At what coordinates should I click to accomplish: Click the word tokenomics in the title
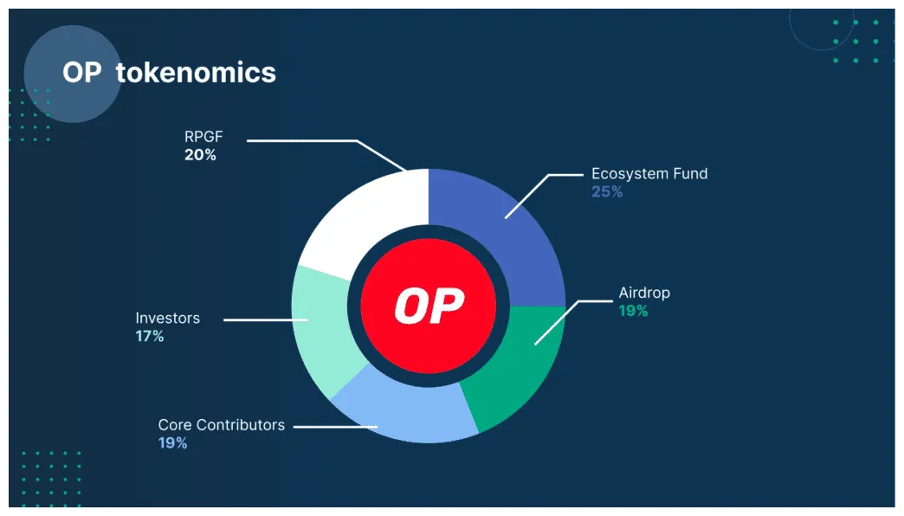(x=196, y=72)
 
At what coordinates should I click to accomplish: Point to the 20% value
(x=200, y=156)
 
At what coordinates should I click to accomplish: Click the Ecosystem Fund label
(x=649, y=173)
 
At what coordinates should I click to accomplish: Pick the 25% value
(x=607, y=192)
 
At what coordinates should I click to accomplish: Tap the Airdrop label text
(x=644, y=293)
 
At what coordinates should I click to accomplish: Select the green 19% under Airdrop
(x=633, y=311)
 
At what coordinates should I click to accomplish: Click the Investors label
(x=167, y=318)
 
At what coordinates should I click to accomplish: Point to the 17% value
(x=150, y=336)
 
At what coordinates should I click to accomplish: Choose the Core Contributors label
(x=221, y=425)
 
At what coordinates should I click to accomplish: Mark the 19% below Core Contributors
(x=172, y=443)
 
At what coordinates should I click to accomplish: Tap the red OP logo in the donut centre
(x=429, y=305)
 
